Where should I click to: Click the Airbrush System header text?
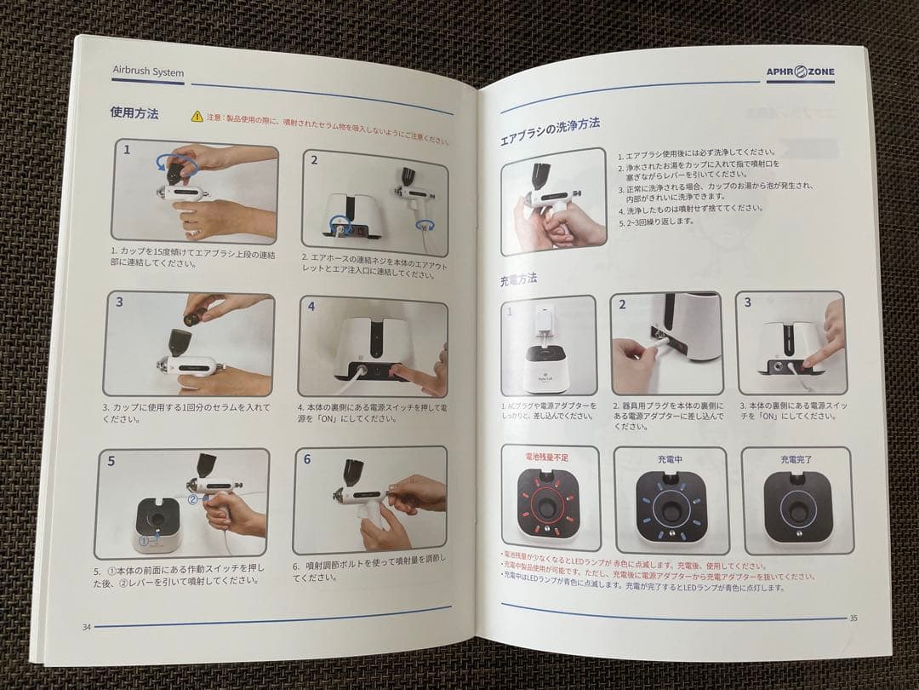coord(148,72)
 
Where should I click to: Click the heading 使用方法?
coord(134,113)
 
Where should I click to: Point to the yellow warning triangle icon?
coord(197,115)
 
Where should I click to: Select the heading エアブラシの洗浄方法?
coord(550,127)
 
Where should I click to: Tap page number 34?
coord(86,627)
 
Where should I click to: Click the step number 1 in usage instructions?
coord(127,150)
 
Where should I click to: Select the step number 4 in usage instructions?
coord(311,307)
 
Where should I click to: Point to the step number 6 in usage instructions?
coord(306,459)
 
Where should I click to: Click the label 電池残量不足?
coord(550,457)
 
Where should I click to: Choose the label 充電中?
coord(670,459)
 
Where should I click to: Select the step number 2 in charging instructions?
coord(622,304)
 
